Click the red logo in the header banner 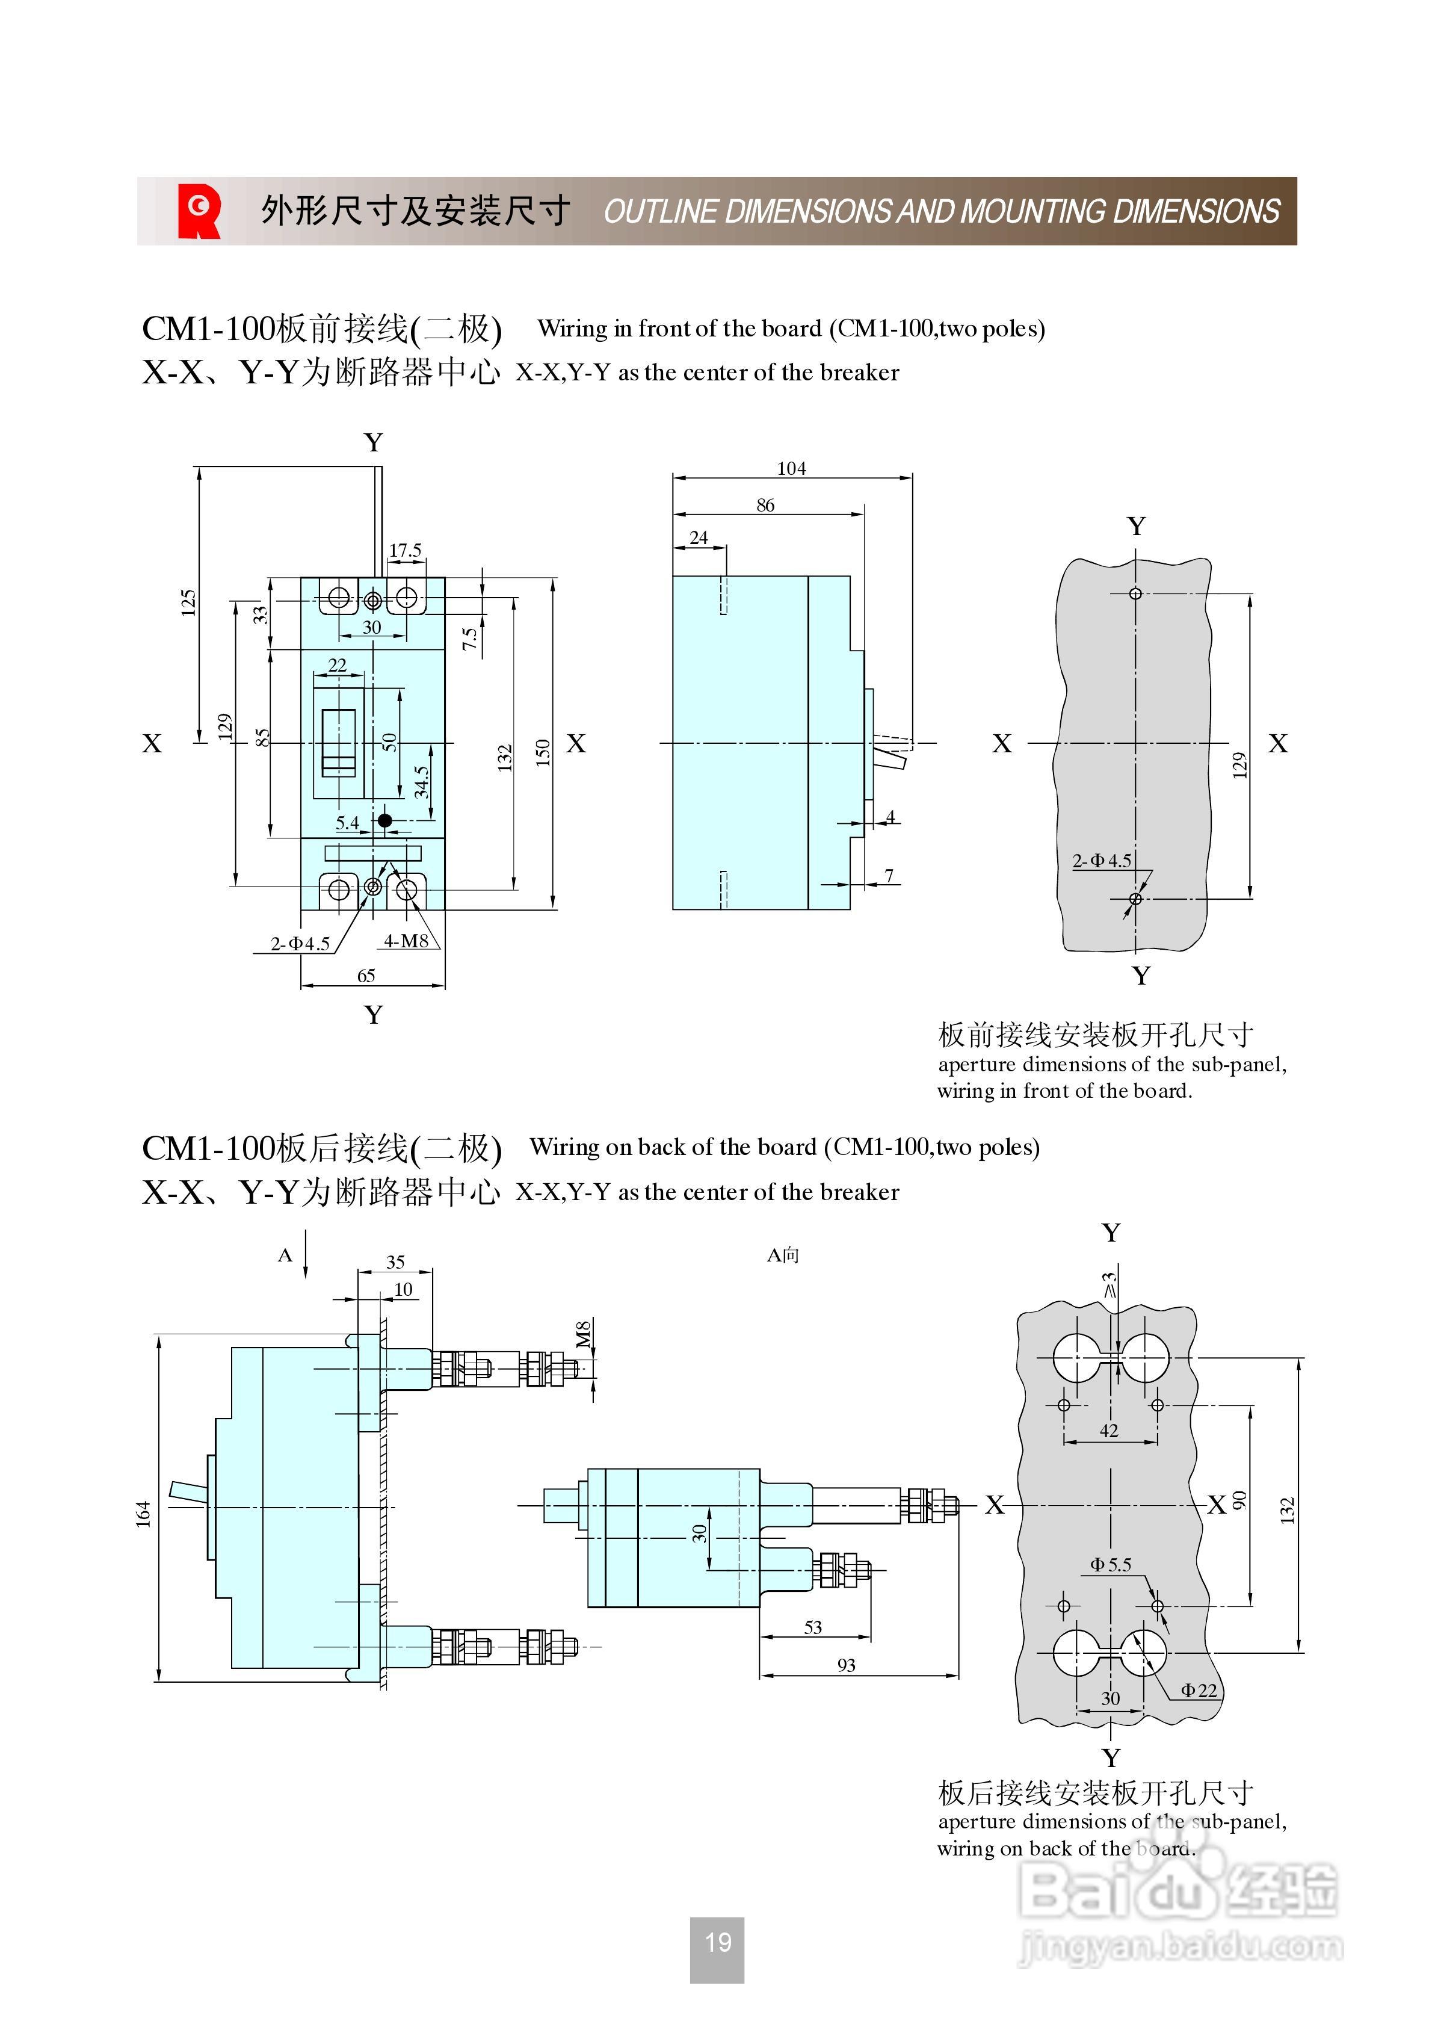199,211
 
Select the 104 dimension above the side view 791,469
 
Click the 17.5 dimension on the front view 406,550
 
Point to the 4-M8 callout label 406,941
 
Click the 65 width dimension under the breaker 366,976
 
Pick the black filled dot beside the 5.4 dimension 385,820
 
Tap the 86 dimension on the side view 765,505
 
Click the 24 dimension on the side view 699,537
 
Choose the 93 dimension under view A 846,1665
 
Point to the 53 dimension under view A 813,1627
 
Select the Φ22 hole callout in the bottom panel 1199,1690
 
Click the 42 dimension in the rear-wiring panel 1109,1430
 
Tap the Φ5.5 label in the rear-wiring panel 1111,1564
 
